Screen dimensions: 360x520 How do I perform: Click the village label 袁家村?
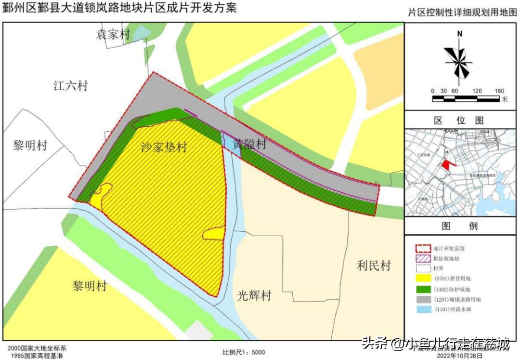[x=113, y=34]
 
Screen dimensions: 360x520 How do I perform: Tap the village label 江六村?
[x=71, y=86]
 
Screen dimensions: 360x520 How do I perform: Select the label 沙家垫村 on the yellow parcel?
[x=164, y=147]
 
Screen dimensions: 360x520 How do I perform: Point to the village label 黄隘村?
[x=250, y=144]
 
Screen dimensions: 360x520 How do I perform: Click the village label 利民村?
[x=374, y=265]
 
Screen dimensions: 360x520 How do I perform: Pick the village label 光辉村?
[x=254, y=295]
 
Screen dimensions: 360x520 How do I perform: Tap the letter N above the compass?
[x=460, y=34]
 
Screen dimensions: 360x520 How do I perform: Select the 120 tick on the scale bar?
[x=477, y=91]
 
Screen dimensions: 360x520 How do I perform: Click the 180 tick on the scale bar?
[x=499, y=91]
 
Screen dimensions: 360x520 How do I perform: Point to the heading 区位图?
[x=459, y=120]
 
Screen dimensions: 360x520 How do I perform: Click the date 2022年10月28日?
[x=456, y=356]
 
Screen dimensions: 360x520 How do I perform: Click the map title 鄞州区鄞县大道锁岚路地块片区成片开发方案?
[x=120, y=8]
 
